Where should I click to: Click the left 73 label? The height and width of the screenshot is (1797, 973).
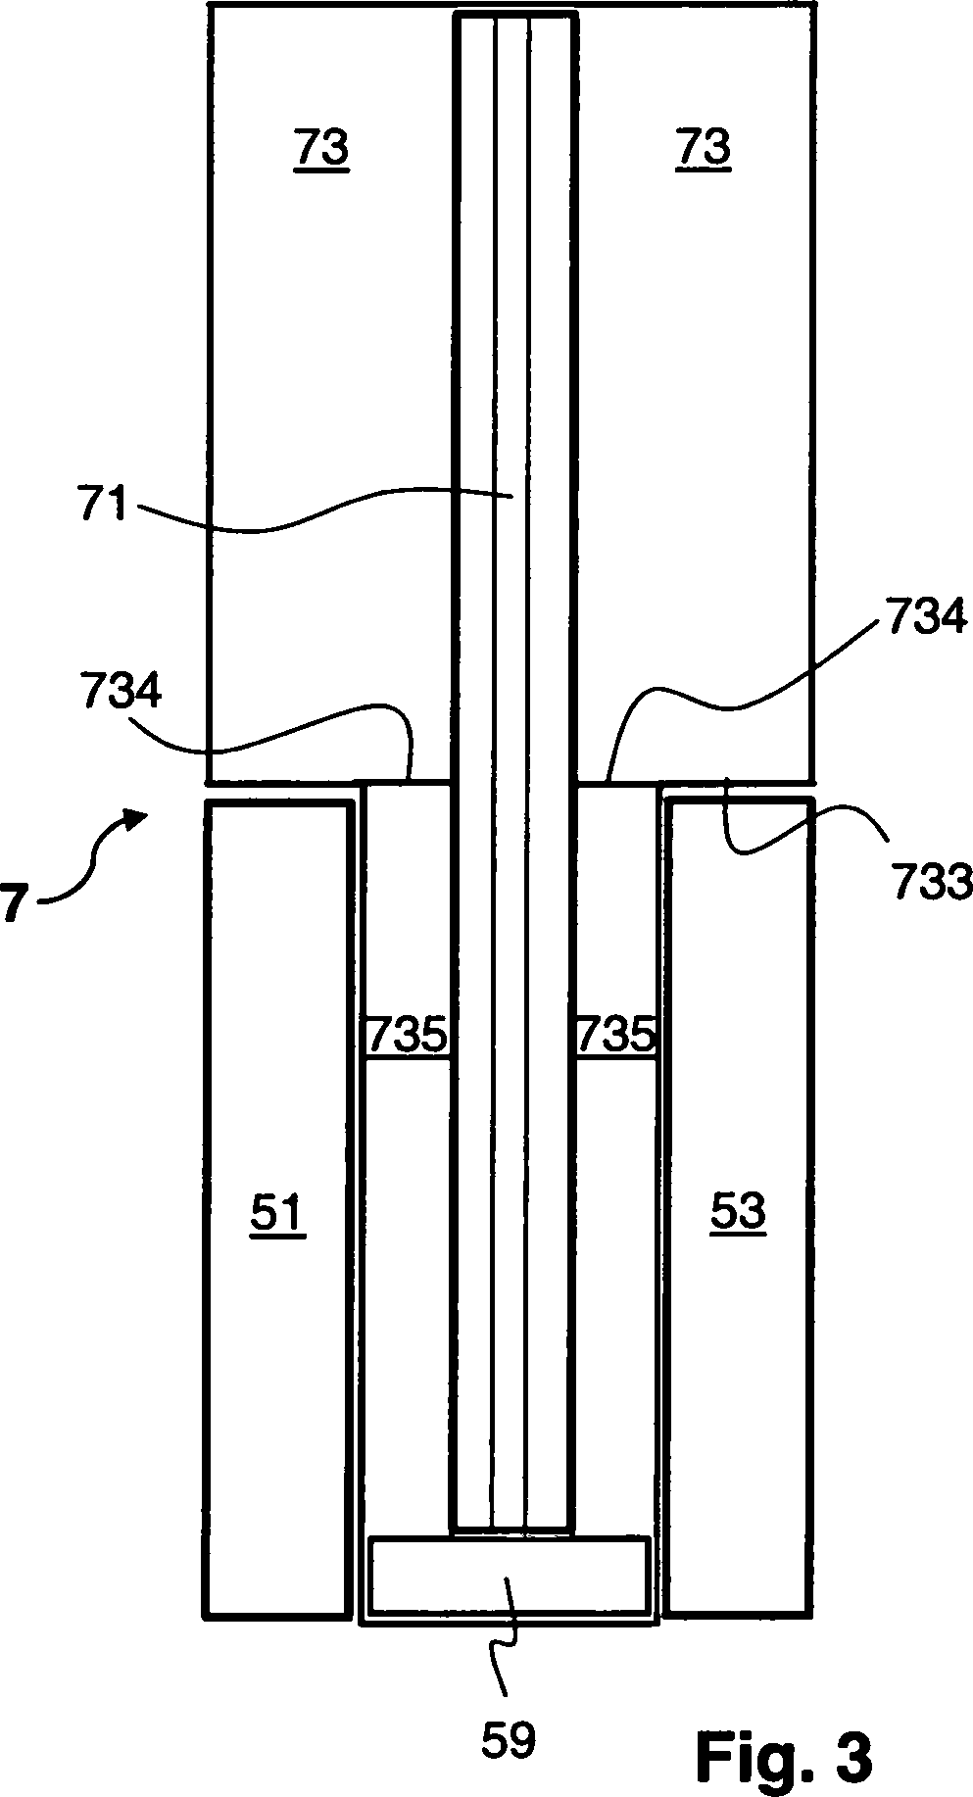(x=322, y=149)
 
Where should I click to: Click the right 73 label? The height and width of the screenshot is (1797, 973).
(x=703, y=148)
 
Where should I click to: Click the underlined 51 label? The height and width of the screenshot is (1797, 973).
(x=277, y=1212)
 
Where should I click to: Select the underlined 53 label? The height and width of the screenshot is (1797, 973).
(x=738, y=1212)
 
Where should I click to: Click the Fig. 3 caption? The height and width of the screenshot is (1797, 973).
(x=784, y=1758)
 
